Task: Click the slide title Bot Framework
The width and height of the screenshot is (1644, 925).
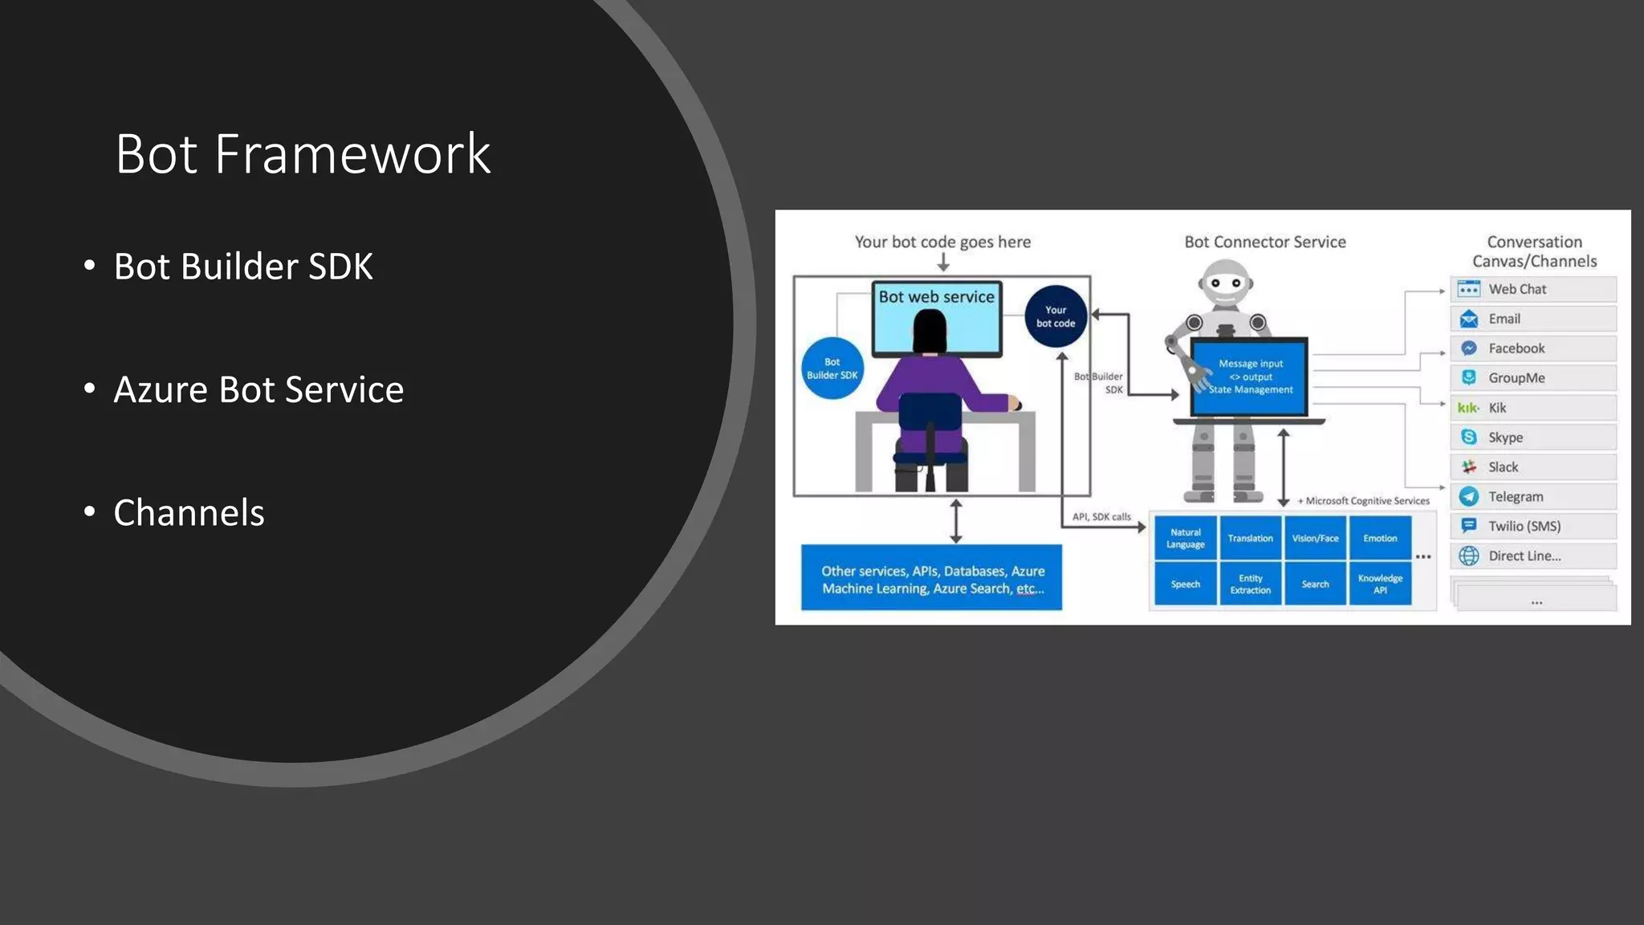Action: click(303, 153)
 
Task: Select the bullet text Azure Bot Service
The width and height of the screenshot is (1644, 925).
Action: click(258, 389)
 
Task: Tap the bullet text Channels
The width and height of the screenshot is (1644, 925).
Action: click(189, 512)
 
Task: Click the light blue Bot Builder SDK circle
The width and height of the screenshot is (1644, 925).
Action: click(832, 369)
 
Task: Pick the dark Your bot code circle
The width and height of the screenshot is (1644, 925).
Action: click(1056, 316)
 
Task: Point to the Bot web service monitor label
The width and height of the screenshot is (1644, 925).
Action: click(936, 296)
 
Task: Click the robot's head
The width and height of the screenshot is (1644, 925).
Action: click(1226, 283)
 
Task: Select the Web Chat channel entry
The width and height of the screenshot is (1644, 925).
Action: click(1532, 289)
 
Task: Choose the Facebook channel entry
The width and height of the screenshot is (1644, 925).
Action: click(1532, 348)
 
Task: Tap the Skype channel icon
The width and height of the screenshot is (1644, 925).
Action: click(1469, 437)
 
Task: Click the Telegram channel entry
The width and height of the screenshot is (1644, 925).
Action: click(1532, 496)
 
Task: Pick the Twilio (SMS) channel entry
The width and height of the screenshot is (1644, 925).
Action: click(1532, 526)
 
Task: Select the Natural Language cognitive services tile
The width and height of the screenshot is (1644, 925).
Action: click(1186, 538)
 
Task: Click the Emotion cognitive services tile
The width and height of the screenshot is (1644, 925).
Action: click(1380, 538)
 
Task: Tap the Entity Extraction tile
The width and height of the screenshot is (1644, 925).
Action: click(1250, 584)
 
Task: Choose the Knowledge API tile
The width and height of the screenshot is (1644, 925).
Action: click(1380, 584)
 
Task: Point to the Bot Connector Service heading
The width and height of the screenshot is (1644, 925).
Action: click(1265, 242)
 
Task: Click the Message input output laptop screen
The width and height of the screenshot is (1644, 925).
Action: click(1250, 377)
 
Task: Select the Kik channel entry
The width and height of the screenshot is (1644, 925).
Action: click(1532, 408)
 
